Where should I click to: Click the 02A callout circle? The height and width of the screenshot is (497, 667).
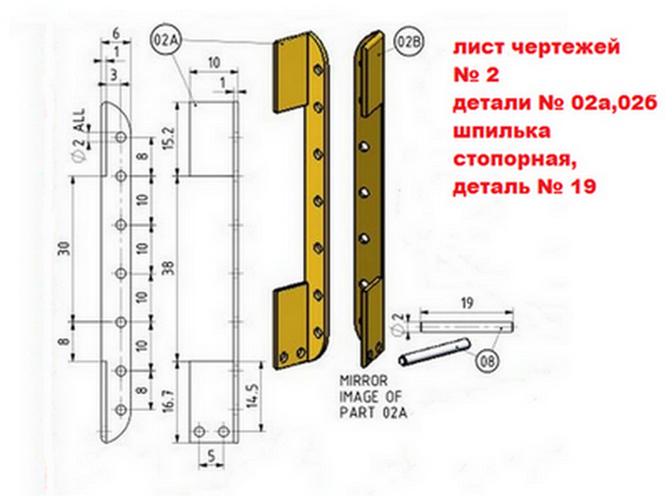[166, 40]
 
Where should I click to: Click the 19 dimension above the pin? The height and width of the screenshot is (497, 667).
[466, 304]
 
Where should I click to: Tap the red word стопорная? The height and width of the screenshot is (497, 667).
[505, 157]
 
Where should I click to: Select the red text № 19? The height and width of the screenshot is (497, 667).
[565, 186]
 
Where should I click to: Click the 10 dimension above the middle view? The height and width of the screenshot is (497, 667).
[212, 62]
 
